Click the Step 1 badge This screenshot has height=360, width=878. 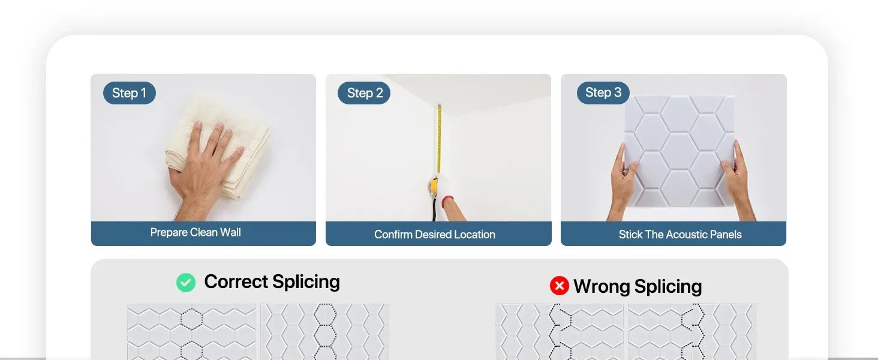130,93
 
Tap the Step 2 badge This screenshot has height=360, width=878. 364,93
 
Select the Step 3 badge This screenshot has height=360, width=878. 603,92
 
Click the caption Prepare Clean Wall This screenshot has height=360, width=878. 196,232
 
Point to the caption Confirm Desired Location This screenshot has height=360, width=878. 435,235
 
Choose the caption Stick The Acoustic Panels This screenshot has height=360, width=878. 680,235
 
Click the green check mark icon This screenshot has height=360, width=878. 186,283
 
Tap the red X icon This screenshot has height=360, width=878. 560,286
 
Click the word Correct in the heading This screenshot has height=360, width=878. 236,281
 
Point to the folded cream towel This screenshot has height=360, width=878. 220,145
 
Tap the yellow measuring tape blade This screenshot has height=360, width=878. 440,139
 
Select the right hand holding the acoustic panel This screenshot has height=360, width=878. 737,181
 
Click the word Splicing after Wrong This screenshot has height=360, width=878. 668,287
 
